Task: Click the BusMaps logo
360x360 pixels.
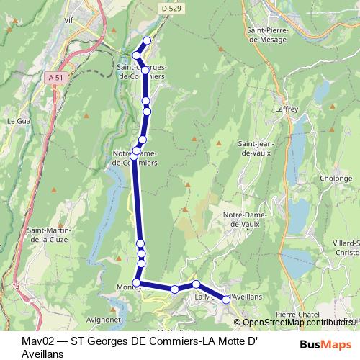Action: (325, 344)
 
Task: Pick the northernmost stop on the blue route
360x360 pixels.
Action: (148, 41)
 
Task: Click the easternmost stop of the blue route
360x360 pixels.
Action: (226, 299)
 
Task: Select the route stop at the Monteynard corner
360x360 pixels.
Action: (137, 282)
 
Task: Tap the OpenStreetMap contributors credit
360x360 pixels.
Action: (295, 323)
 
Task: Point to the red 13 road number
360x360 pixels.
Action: (16, 287)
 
